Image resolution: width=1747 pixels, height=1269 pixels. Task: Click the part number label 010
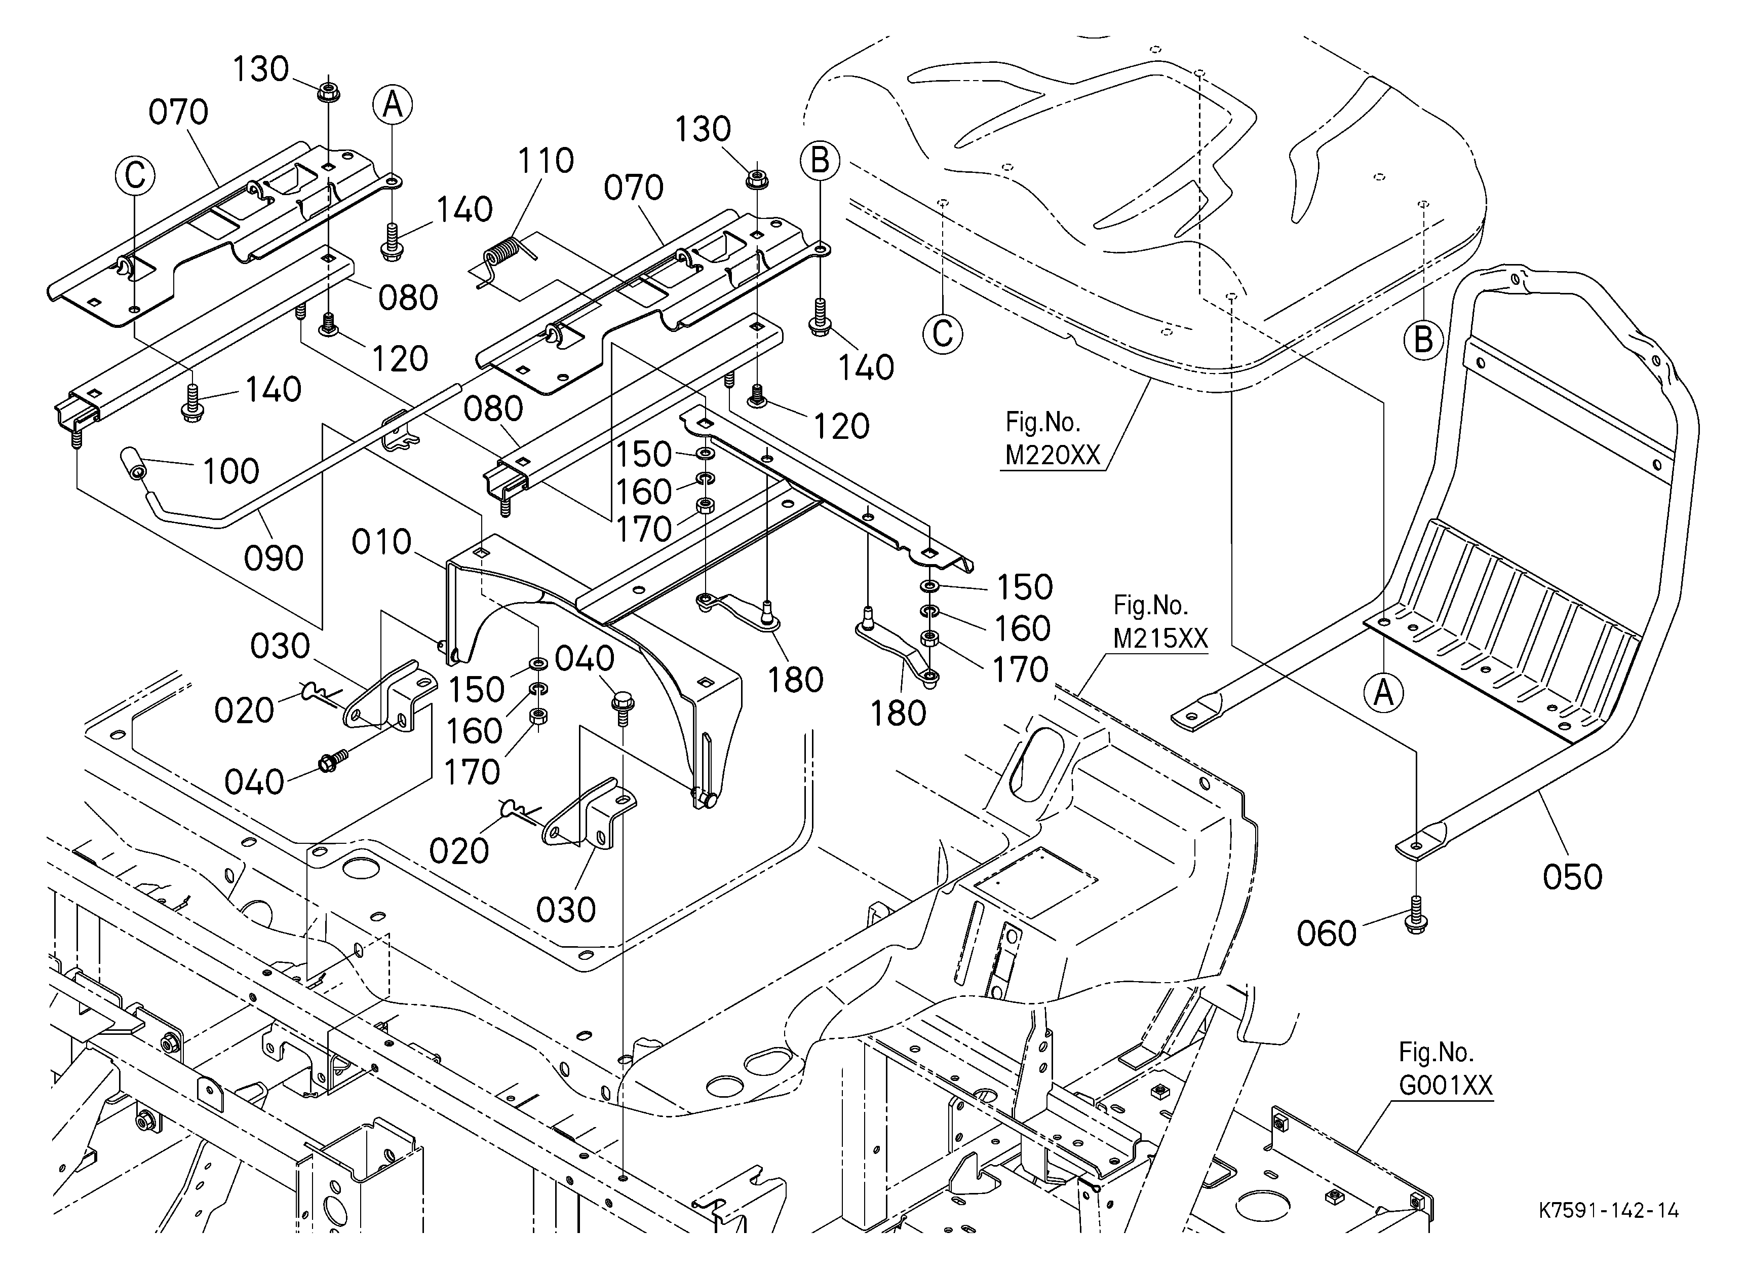click(381, 542)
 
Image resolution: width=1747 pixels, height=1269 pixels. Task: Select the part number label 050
click(1573, 877)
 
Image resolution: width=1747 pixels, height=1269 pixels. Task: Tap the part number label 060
click(1327, 934)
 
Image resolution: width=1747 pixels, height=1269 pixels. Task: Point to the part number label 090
click(274, 558)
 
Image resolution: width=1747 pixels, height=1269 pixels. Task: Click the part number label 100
click(230, 471)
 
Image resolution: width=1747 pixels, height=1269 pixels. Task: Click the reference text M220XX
click(1053, 456)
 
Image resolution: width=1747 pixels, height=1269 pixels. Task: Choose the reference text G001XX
click(1445, 1085)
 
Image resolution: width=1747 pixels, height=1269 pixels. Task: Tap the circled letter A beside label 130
click(393, 105)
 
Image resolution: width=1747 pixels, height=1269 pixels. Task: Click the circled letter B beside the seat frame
click(1423, 340)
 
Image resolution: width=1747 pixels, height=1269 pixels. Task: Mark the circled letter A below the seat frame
click(1384, 693)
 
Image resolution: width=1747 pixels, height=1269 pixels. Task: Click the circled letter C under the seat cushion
click(943, 334)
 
